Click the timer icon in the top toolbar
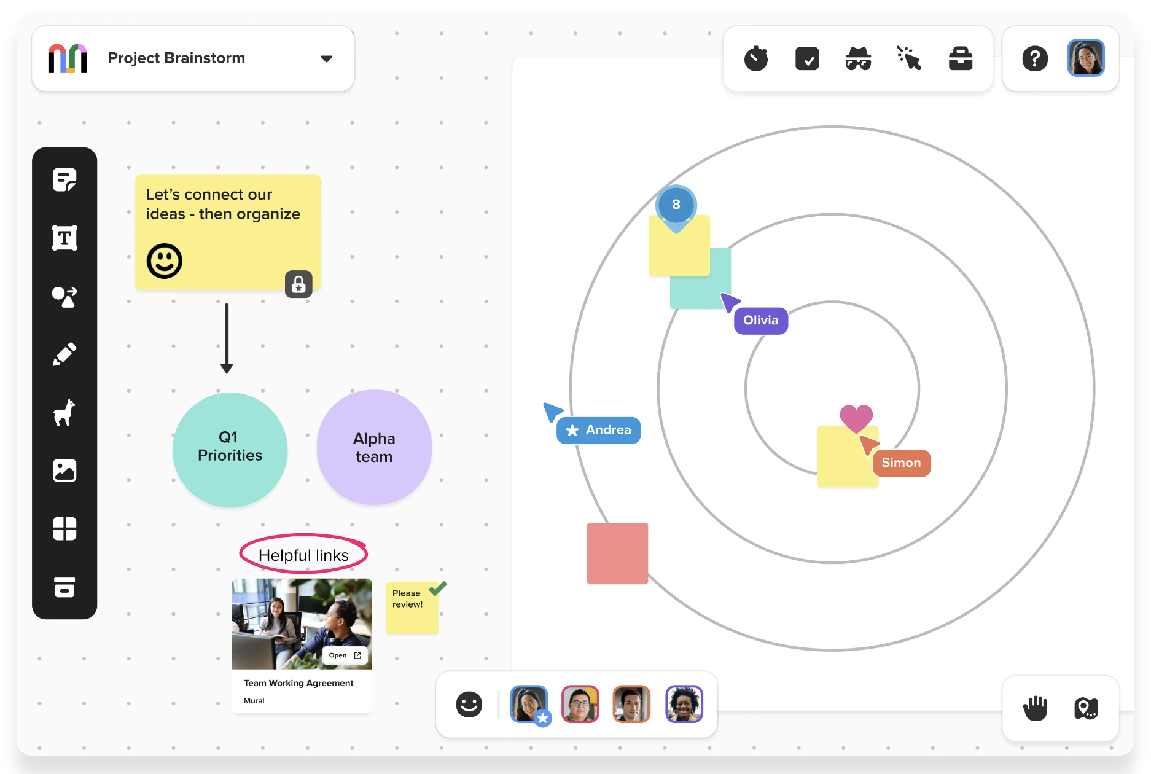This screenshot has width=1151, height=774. click(x=756, y=58)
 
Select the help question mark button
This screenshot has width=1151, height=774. click(x=1035, y=58)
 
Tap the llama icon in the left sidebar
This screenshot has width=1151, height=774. click(x=64, y=412)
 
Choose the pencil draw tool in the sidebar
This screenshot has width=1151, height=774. click(x=64, y=354)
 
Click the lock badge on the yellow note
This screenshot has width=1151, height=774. click(x=298, y=284)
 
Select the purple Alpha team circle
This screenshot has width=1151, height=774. click(x=374, y=447)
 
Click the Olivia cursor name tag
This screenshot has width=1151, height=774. click(x=761, y=321)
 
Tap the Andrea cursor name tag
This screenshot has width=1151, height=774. click(x=598, y=430)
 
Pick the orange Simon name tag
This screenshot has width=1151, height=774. click(x=902, y=463)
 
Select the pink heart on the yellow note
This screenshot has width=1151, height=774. click(x=856, y=418)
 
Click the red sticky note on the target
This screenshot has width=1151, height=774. click(x=617, y=553)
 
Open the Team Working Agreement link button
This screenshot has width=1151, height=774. click(x=345, y=655)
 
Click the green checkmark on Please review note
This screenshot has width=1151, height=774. click(x=438, y=588)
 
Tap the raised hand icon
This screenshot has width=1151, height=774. click(x=1035, y=708)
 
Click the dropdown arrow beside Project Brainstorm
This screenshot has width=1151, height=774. click(x=327, y=59)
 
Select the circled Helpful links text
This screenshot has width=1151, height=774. click(x=303, y=555)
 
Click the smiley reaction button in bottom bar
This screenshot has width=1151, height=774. click(x=469, y=704)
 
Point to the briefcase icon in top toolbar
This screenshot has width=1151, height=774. click(x=961, y=58)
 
